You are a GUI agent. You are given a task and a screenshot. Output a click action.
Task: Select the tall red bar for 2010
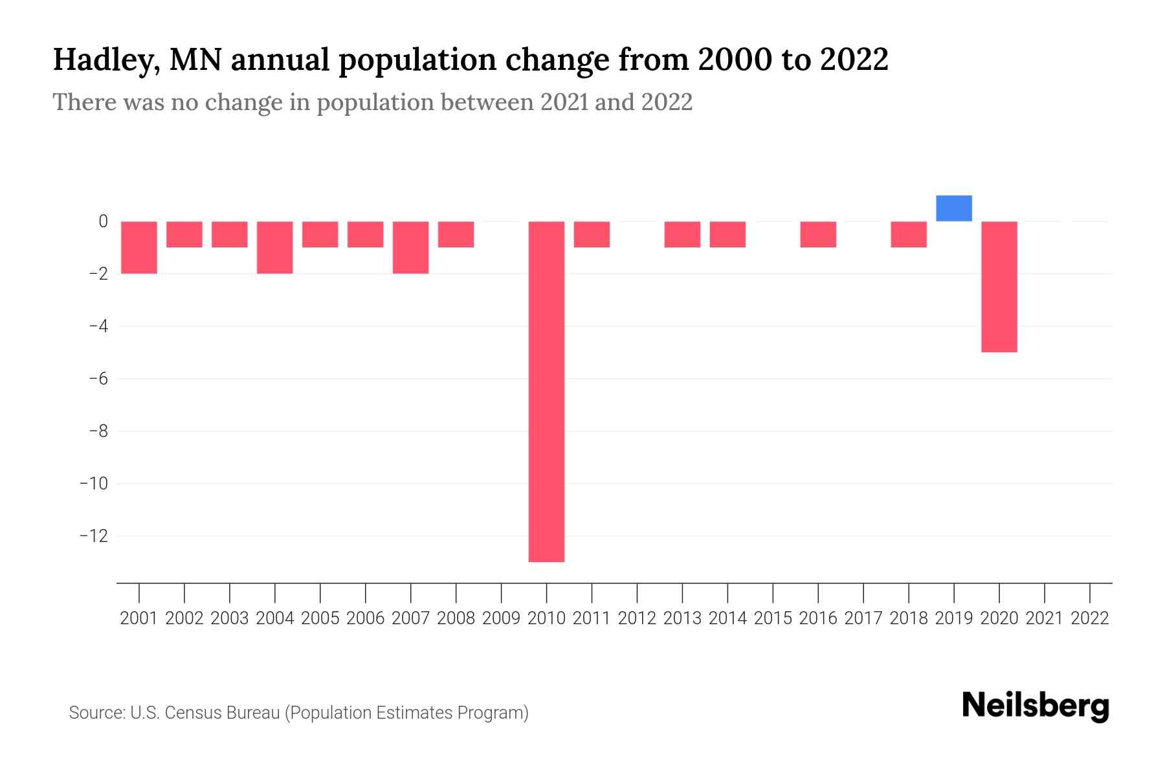[x=546, y=391]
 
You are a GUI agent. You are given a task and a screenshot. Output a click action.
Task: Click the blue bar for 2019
[x=954, y=208]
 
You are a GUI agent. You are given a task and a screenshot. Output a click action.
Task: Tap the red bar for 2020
[x=999, y=286]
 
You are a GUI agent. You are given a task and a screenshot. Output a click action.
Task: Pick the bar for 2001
[x=139, y=247]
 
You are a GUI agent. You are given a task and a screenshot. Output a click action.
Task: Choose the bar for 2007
[x=410, y=247]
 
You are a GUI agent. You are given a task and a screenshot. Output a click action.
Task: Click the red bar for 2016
[x=818, y=234]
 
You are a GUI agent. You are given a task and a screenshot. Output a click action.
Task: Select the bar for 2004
[x=275, y=247]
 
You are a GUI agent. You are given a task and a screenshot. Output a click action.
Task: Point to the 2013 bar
[x=682, y=234]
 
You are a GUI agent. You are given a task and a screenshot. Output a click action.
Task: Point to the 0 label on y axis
[x=103, y=221]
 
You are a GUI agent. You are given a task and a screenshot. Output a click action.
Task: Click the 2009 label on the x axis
[x=501, y=618]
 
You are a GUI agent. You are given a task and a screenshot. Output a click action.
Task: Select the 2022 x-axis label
[x=1090, y=618]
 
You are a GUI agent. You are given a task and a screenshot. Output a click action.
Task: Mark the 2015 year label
[x=773, y=618]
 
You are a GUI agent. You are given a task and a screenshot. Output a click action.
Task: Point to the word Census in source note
[x=194, y=713]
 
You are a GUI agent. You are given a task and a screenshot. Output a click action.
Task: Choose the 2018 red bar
[x=909, y=234]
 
